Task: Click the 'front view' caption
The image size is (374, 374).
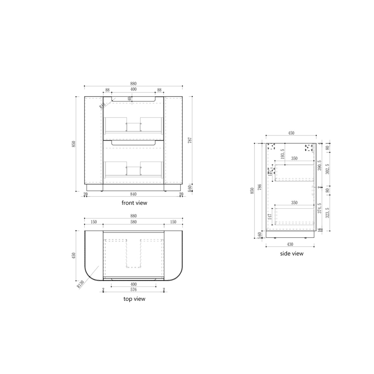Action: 134,203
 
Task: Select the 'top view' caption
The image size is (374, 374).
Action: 134,299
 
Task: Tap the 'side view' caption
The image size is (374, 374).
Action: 292,253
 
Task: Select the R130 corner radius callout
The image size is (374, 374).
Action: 81,284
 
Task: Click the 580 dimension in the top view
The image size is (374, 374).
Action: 133,222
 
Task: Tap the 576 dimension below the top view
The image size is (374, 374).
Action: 133,290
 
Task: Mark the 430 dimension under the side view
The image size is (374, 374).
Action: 290,244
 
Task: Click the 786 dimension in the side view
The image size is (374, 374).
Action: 260,187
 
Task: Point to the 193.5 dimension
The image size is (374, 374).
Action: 282,154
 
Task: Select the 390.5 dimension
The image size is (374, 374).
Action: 319,166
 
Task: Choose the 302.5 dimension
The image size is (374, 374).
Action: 328,169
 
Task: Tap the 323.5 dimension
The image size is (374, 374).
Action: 328,212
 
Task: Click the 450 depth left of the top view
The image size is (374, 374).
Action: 73,255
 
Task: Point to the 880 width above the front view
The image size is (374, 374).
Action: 133,83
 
